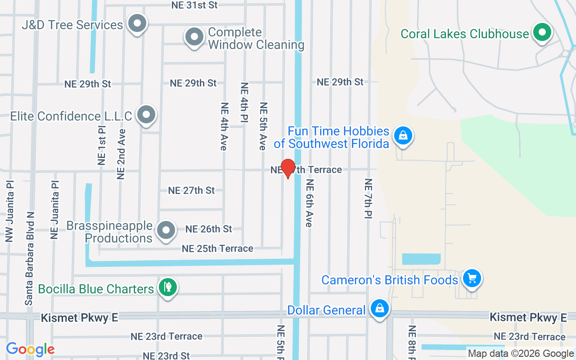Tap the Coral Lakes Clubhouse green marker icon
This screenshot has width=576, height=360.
pos(543,32)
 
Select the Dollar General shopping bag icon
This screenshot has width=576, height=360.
pos(380,308)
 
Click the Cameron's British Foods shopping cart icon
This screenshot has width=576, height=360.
pos(472,278)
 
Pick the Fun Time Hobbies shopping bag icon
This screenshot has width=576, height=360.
pos(403,135)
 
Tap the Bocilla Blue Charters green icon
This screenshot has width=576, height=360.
pos(168,287)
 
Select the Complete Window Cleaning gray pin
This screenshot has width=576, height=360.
pos(194,37)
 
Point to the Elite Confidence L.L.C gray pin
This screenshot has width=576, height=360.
pos(146,114)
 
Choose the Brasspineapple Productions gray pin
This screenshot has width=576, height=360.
pos(166,230)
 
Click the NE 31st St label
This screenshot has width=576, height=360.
pos(194,5)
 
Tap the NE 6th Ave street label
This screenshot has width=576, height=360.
pos(309,203)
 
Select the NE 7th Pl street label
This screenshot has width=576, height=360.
pos(369,199)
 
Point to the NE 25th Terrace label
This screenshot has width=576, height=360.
pos(217,248)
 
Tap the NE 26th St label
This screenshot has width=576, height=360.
pos(209,229)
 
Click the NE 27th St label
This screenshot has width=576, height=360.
pos(191,190)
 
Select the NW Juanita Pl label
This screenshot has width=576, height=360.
pos(10,211)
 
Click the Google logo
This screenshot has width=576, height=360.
pos(30,349)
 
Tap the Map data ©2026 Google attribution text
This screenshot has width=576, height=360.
pos(521,354)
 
